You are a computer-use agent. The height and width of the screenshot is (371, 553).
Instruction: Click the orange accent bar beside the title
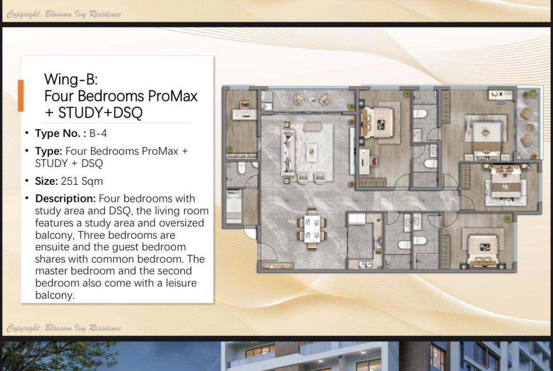(21, 95)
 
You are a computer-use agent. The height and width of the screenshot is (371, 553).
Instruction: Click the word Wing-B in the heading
(70, 79)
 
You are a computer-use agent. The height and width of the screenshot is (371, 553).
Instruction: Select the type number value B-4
(98, 133)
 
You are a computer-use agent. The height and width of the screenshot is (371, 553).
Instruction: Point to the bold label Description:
(65, 198)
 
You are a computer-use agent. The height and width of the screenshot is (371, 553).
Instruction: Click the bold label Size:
(46, 181)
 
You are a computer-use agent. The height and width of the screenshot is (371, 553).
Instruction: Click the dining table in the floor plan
(312, 229)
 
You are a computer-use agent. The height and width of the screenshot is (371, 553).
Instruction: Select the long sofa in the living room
(288, 152)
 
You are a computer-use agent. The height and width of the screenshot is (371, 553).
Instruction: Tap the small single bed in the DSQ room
(234, 207)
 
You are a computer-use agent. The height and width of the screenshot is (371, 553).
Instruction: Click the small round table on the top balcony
(312, 99)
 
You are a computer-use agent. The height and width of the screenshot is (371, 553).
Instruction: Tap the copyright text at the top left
(64, 15)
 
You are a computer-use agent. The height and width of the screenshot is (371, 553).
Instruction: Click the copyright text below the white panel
(64, 328)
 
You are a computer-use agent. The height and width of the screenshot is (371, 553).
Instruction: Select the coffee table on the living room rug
(311, 152)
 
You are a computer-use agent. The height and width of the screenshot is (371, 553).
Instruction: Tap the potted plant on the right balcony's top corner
(530, 95)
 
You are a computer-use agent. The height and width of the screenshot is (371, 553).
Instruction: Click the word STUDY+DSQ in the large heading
(100, 113)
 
